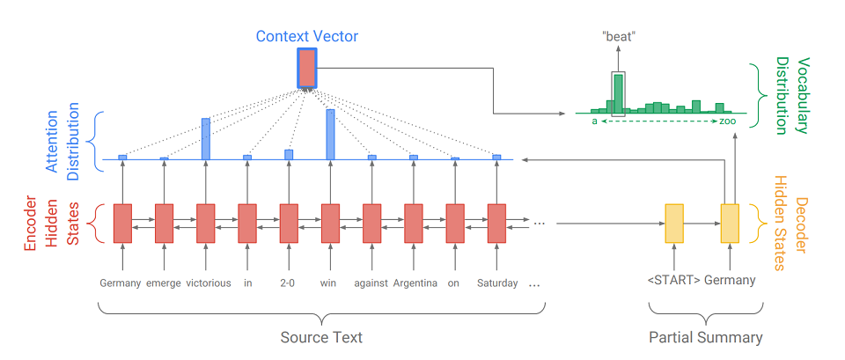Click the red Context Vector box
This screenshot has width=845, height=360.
tap(306, 68)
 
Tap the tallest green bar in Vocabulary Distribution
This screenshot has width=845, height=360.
tap(619, 93)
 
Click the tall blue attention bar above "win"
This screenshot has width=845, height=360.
tap(330, 134)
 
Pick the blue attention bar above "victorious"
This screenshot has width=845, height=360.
tap(205, 138)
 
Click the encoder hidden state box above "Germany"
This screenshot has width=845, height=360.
tap(122, 223)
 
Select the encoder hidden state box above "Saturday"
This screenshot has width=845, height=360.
tap(497, 223)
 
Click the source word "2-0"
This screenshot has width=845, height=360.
tap(289, 283)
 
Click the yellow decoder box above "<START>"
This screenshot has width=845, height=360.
tap(674, 223)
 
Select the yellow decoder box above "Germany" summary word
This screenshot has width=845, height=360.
tap(731, 223)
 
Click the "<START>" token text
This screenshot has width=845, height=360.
tap(672, 281)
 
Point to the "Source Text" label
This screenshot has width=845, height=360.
tap(321, 337)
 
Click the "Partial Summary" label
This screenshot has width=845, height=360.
tap(705, 337)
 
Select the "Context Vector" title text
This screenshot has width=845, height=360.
tap(307, 37)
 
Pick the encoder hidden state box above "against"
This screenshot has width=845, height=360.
tap(371, 223)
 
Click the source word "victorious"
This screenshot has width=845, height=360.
tap(208, 283)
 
